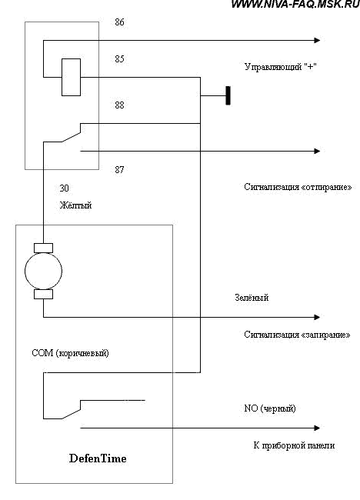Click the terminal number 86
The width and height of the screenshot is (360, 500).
pos(119,22)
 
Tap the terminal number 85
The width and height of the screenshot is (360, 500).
pos(119,59)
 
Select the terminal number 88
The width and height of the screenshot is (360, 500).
pos(119,105)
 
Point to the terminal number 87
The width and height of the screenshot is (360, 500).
pos(119,169)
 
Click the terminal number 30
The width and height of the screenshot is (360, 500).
pos(64,188)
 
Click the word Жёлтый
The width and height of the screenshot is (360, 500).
pos(76,205)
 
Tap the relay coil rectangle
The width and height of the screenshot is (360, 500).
pos(71,77)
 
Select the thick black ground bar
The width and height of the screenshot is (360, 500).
pos(228,95)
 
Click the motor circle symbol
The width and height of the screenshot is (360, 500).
pos(43,271)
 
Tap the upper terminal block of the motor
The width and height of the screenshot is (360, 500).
pos(43,248)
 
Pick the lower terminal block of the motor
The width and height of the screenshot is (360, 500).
pos(43,295)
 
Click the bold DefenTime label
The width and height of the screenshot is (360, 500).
pos(98,458)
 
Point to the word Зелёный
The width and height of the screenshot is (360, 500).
pos(252,298)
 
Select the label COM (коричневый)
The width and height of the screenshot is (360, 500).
pos(71,353)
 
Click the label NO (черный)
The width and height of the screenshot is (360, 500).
pos(270,408)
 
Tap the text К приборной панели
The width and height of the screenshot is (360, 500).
pos(294,445)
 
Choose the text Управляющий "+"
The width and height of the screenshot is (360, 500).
pos(281,67)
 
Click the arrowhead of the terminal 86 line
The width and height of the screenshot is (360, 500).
pos(317,40)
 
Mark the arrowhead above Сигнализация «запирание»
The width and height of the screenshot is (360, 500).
pos(317,317)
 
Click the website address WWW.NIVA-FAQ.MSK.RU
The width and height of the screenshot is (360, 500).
pos(295,4)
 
